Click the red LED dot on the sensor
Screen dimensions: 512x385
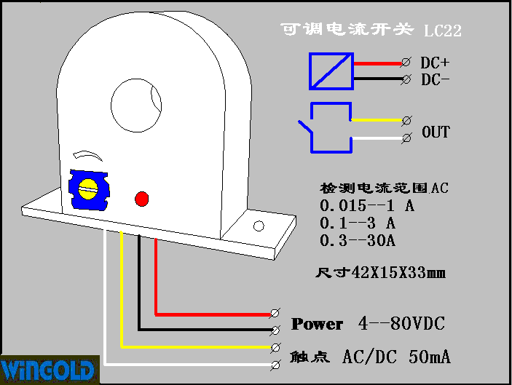click(142, 199)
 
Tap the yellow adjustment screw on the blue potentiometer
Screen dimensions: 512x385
click(88, 189)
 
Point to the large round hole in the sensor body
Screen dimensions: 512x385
click(136, 106)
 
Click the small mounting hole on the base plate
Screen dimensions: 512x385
click(259, 226)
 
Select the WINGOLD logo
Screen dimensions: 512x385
click(47, 370)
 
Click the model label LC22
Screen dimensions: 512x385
click(443, 31)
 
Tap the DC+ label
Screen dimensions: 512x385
click(435, 63)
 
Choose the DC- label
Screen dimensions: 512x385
click(435, 79)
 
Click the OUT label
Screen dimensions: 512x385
click(436, 132)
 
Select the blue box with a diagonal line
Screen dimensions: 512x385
click(331, 71)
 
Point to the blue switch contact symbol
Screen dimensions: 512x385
click(325, 127)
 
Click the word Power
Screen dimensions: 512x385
click(317, 324)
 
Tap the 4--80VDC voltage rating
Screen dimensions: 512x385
click(401, 323)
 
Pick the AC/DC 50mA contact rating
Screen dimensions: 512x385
click(396, 357)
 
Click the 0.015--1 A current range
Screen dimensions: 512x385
click(367, 205)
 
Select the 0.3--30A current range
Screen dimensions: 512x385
click(358, 240)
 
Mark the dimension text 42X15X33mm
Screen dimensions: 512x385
click(398, 272)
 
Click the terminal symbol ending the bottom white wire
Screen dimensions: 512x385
click(275, 365)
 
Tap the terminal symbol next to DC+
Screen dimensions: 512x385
click(406, 62)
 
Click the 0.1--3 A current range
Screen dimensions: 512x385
click(358, 223)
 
